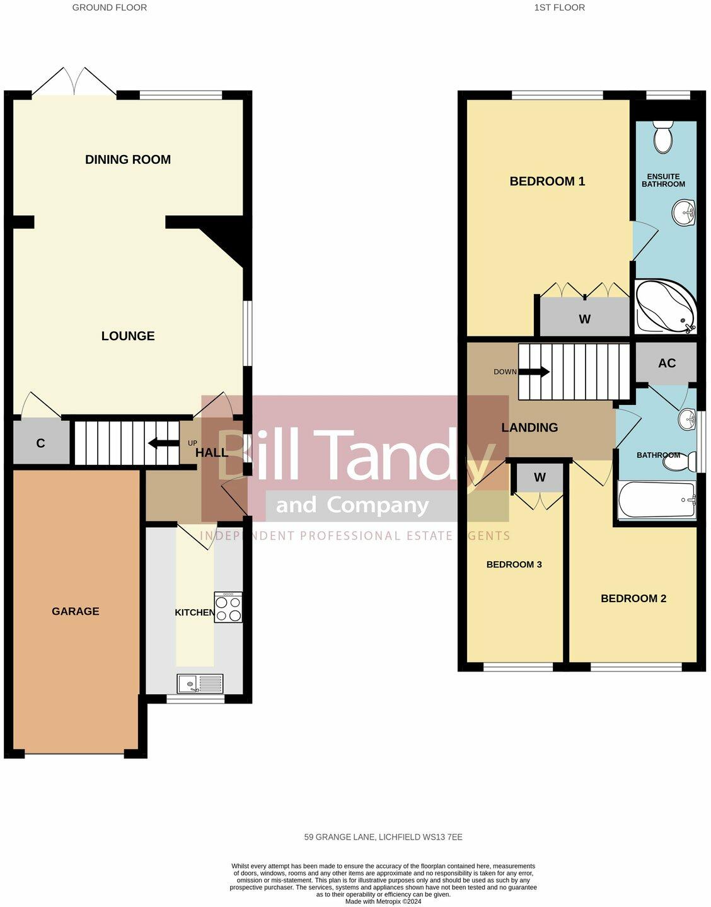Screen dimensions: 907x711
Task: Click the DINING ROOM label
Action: point(128,159)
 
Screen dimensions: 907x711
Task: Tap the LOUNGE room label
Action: point(128,336)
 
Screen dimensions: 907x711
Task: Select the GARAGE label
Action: point(76,611)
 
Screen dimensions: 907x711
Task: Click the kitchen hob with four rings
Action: point(228,607)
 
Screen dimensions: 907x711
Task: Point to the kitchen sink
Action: point(200,683)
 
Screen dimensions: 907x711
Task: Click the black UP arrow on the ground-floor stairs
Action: point(163,443)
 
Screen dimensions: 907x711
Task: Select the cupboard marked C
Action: point(41,443)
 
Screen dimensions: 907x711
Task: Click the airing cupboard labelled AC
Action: point(666,363)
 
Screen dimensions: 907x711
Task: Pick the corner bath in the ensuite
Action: point(664,307)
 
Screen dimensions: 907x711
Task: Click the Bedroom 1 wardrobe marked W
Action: point(584,319)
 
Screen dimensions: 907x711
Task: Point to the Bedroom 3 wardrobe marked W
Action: point(540,477)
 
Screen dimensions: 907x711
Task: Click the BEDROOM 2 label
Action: point(633,598)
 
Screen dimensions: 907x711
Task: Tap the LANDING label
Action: point(529,428)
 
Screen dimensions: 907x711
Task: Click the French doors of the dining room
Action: point(75,83)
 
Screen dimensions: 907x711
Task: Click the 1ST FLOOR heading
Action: point(559,8)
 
